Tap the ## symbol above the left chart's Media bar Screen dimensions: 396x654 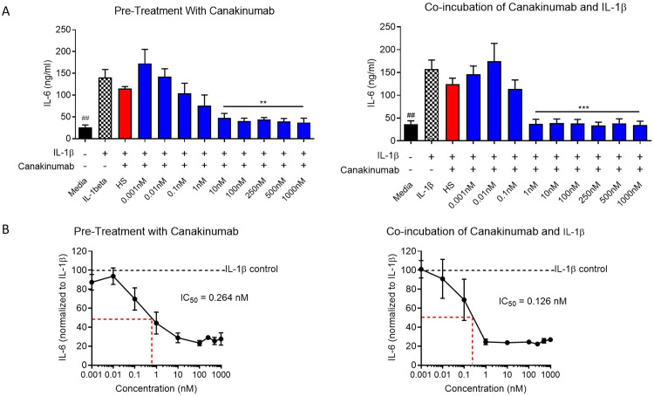click(x=61, y=119)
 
